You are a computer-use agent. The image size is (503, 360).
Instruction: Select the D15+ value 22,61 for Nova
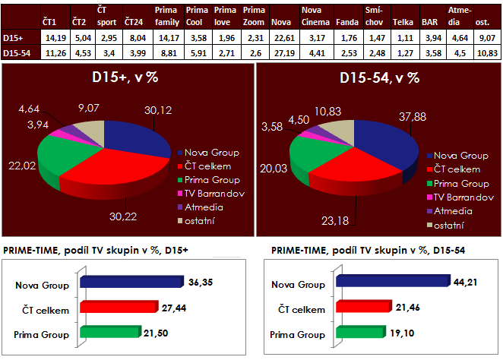[x=283, y=38]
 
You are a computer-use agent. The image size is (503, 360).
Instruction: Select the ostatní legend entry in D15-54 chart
[x=450, y=226]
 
